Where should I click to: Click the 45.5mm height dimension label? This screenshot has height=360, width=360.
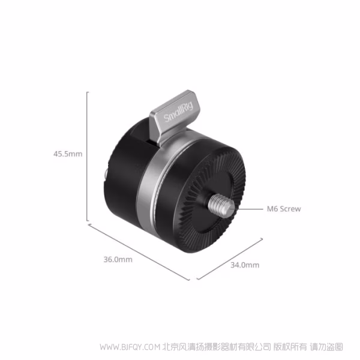tap(68, 154)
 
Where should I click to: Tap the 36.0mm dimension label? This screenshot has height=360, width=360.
tap(118, 260)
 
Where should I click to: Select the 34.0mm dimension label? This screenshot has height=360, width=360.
tap(245, 265)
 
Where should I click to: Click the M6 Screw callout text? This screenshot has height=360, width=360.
tap(284, 209)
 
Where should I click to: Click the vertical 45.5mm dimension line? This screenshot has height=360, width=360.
tap(87, 156)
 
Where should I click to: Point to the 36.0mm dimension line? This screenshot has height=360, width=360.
tap(139, 252)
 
